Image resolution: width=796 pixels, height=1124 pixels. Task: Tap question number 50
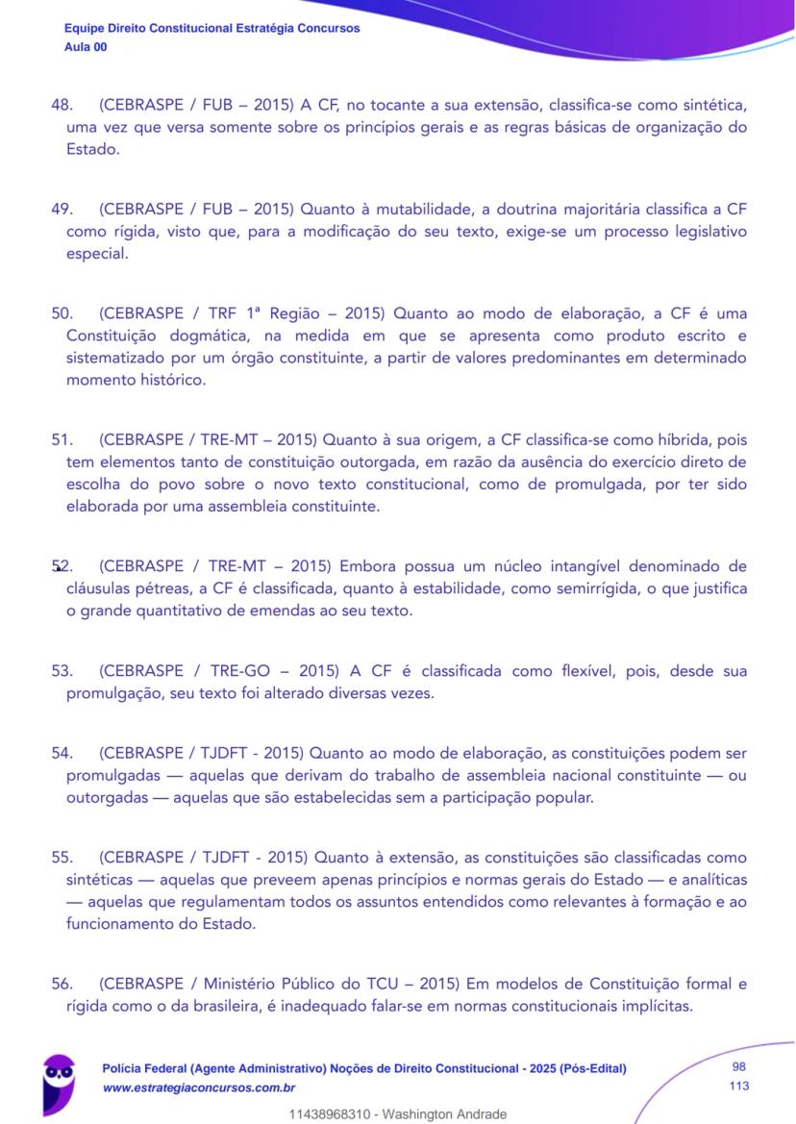pos(61,313)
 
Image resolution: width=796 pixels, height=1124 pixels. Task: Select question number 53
pos(61,671)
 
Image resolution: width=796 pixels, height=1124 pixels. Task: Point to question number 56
pos(61,984)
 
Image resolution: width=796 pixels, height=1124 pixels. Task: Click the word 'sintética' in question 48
pos(712,104)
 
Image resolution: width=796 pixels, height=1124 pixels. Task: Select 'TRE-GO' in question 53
pos(235,671)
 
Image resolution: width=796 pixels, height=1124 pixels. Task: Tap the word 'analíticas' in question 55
pos(712,880)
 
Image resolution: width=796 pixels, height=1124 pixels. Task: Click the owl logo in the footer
pos(59,1081)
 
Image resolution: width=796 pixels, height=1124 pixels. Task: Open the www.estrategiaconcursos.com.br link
pos(198,1087)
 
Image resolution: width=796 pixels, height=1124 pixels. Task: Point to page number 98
pos(738,1067)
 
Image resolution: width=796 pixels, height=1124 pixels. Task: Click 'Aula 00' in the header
pos(86,47)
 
